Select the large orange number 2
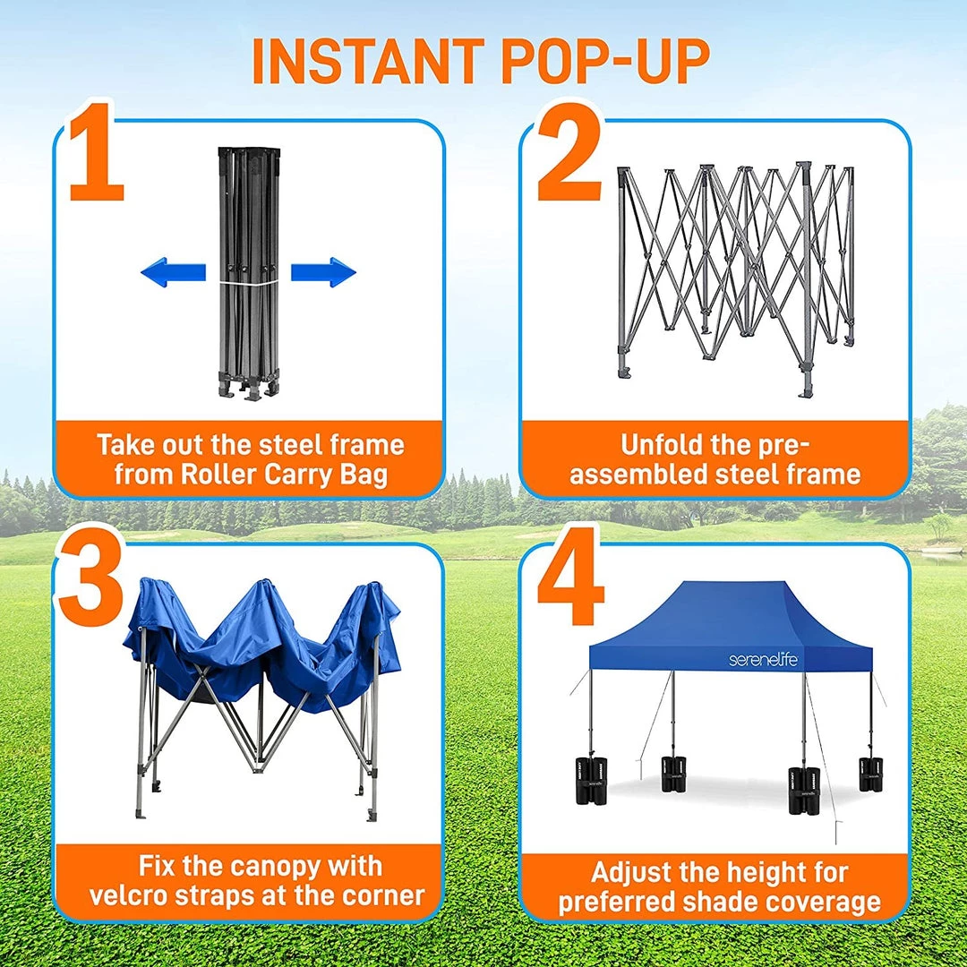point(569,152)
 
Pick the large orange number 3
point(90,576)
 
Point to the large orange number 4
point(569,576)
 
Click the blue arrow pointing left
point(174,272)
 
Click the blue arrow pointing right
point(323,272)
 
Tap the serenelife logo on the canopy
point(763,660)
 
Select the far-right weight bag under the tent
point(872,774)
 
